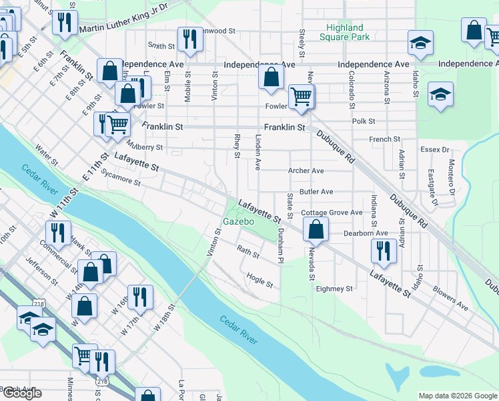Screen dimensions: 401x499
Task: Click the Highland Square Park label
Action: (x=345, y=32)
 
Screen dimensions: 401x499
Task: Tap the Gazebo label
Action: (x=239, y=221)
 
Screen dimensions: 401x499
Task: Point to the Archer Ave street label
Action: (x=306, y=171)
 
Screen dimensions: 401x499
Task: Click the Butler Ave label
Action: (x=316, y=192)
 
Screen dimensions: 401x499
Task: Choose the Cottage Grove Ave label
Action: (x=332, y=213)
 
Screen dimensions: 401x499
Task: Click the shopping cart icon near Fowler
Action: (x=302, y=96)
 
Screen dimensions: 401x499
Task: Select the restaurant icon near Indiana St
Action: (x=384, y=250)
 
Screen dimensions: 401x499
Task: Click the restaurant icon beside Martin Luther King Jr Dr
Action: (x=65, y=22)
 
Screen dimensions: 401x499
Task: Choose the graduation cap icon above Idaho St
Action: (x=420, y=42)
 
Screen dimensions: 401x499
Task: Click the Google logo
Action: (x=22, y=394)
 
